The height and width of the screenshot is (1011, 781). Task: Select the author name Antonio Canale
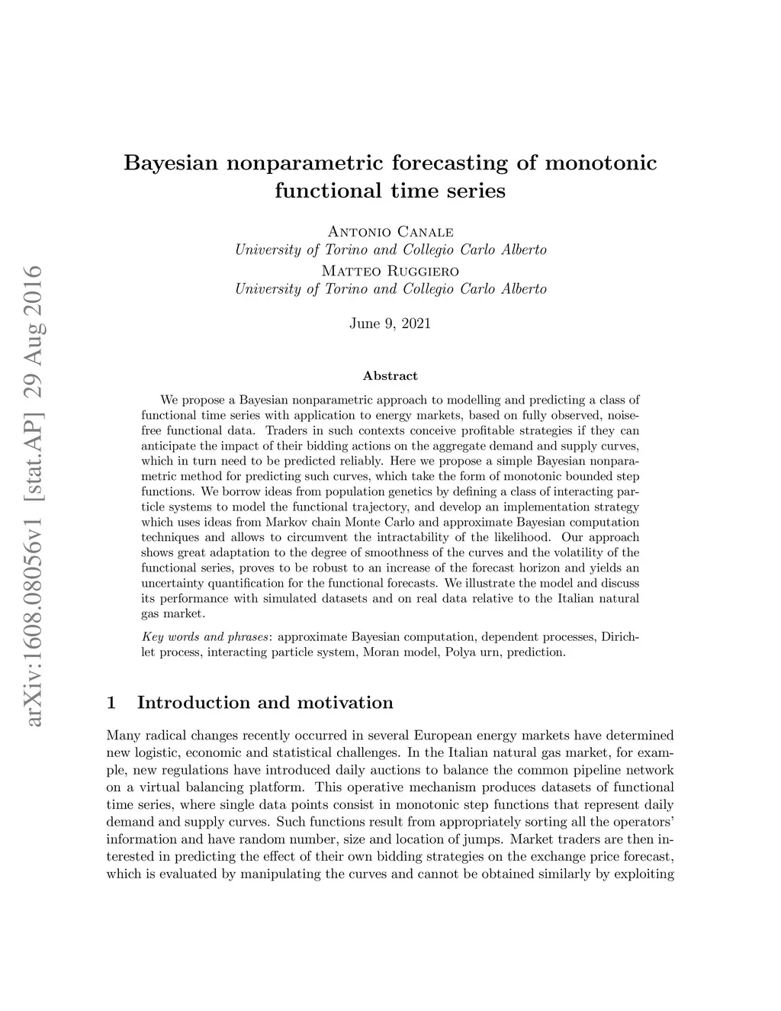click(390, 231)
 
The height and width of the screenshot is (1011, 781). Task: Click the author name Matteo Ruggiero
click(390, 271)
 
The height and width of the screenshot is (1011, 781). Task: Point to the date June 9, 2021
click(390, 324)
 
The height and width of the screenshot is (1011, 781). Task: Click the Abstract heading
click(390, 375)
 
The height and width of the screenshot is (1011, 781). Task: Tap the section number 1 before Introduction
click(112, 702)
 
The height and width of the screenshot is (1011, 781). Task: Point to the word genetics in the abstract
click(378, 491)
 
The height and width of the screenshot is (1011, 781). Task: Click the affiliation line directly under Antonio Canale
click(390, 250)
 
